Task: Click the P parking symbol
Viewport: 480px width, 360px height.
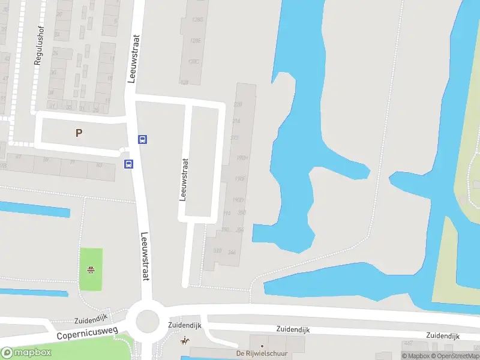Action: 79,133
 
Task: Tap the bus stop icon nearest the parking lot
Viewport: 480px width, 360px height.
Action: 142,139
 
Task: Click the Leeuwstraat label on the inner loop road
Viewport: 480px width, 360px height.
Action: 184,179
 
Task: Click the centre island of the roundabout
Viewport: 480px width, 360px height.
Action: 147,322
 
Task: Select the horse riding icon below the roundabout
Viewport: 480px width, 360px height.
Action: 185,341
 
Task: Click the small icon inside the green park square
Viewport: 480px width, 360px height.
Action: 91,269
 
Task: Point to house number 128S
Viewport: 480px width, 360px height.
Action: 196,19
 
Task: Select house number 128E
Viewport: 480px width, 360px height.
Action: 195,41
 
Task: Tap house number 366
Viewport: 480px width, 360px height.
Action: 232,252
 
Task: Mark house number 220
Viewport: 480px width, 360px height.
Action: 238,104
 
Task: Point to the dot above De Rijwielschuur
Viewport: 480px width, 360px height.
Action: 262,346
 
